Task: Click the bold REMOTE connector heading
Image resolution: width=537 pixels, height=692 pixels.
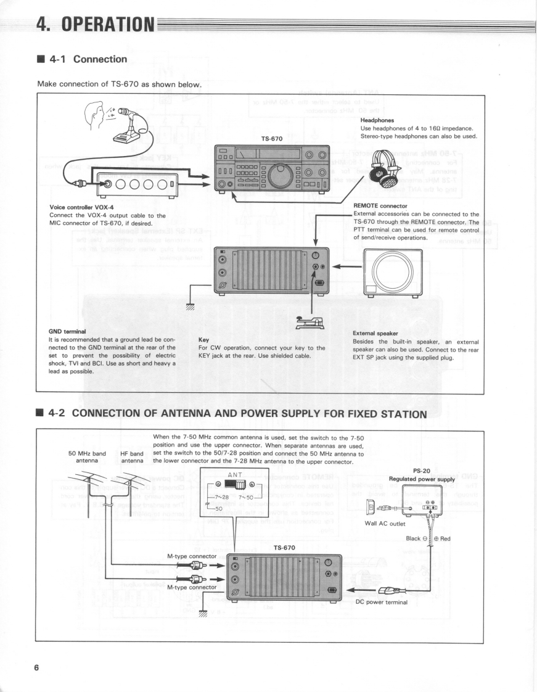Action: pos(380,206)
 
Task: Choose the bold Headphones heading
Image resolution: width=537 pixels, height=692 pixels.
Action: pos(377,120)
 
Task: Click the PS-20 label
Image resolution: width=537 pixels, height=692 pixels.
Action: pos(422,471)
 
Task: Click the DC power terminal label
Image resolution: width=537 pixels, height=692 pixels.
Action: pos(382,602)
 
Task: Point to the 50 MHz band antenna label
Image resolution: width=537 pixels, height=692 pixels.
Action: pos(87,457)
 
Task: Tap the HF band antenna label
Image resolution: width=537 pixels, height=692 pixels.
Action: pos(132,457)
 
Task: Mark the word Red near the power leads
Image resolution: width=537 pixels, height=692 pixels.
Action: pos(445,538)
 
